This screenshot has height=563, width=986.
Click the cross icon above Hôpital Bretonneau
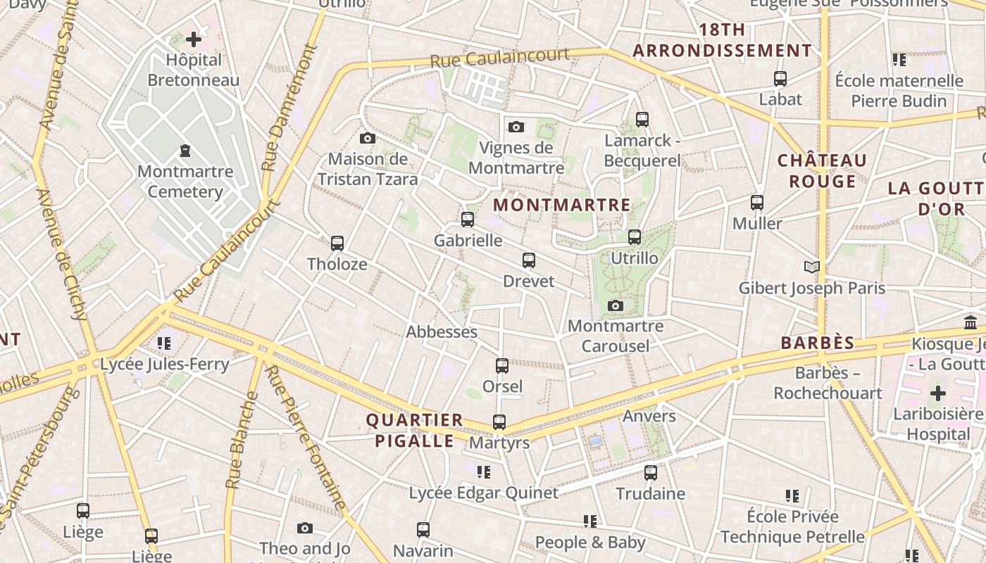[x=194, y=39]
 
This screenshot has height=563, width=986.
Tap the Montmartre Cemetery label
[x=185, y=182]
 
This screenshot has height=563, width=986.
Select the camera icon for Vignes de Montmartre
[x=516, y=127]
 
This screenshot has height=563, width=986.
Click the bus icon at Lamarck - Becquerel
[x=642, y=120]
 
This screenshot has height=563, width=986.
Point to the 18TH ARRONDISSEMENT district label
[x=723, y=41]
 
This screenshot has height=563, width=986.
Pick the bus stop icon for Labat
[x=780, y=79]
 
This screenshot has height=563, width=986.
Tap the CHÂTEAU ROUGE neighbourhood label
[x=822, y=171]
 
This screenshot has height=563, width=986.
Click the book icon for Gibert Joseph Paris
[x=812, y=267]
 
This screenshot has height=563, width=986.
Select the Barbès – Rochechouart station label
[x=828, y=383]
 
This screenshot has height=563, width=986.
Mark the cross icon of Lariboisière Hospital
[x=937, y=393]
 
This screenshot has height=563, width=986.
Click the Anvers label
[x=649, y=416]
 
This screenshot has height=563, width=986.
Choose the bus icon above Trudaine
[x=651, y=473]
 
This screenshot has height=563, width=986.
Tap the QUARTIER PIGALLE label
[x=414, y=431]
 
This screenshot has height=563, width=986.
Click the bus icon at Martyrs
[x=499, y=422]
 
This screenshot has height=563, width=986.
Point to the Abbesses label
[x=442, y=331]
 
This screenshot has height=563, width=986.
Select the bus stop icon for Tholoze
[x=337, y=243]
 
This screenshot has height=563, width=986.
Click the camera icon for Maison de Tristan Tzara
[x=367, y=138]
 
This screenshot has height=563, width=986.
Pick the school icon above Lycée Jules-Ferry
[x=164, y=343]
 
